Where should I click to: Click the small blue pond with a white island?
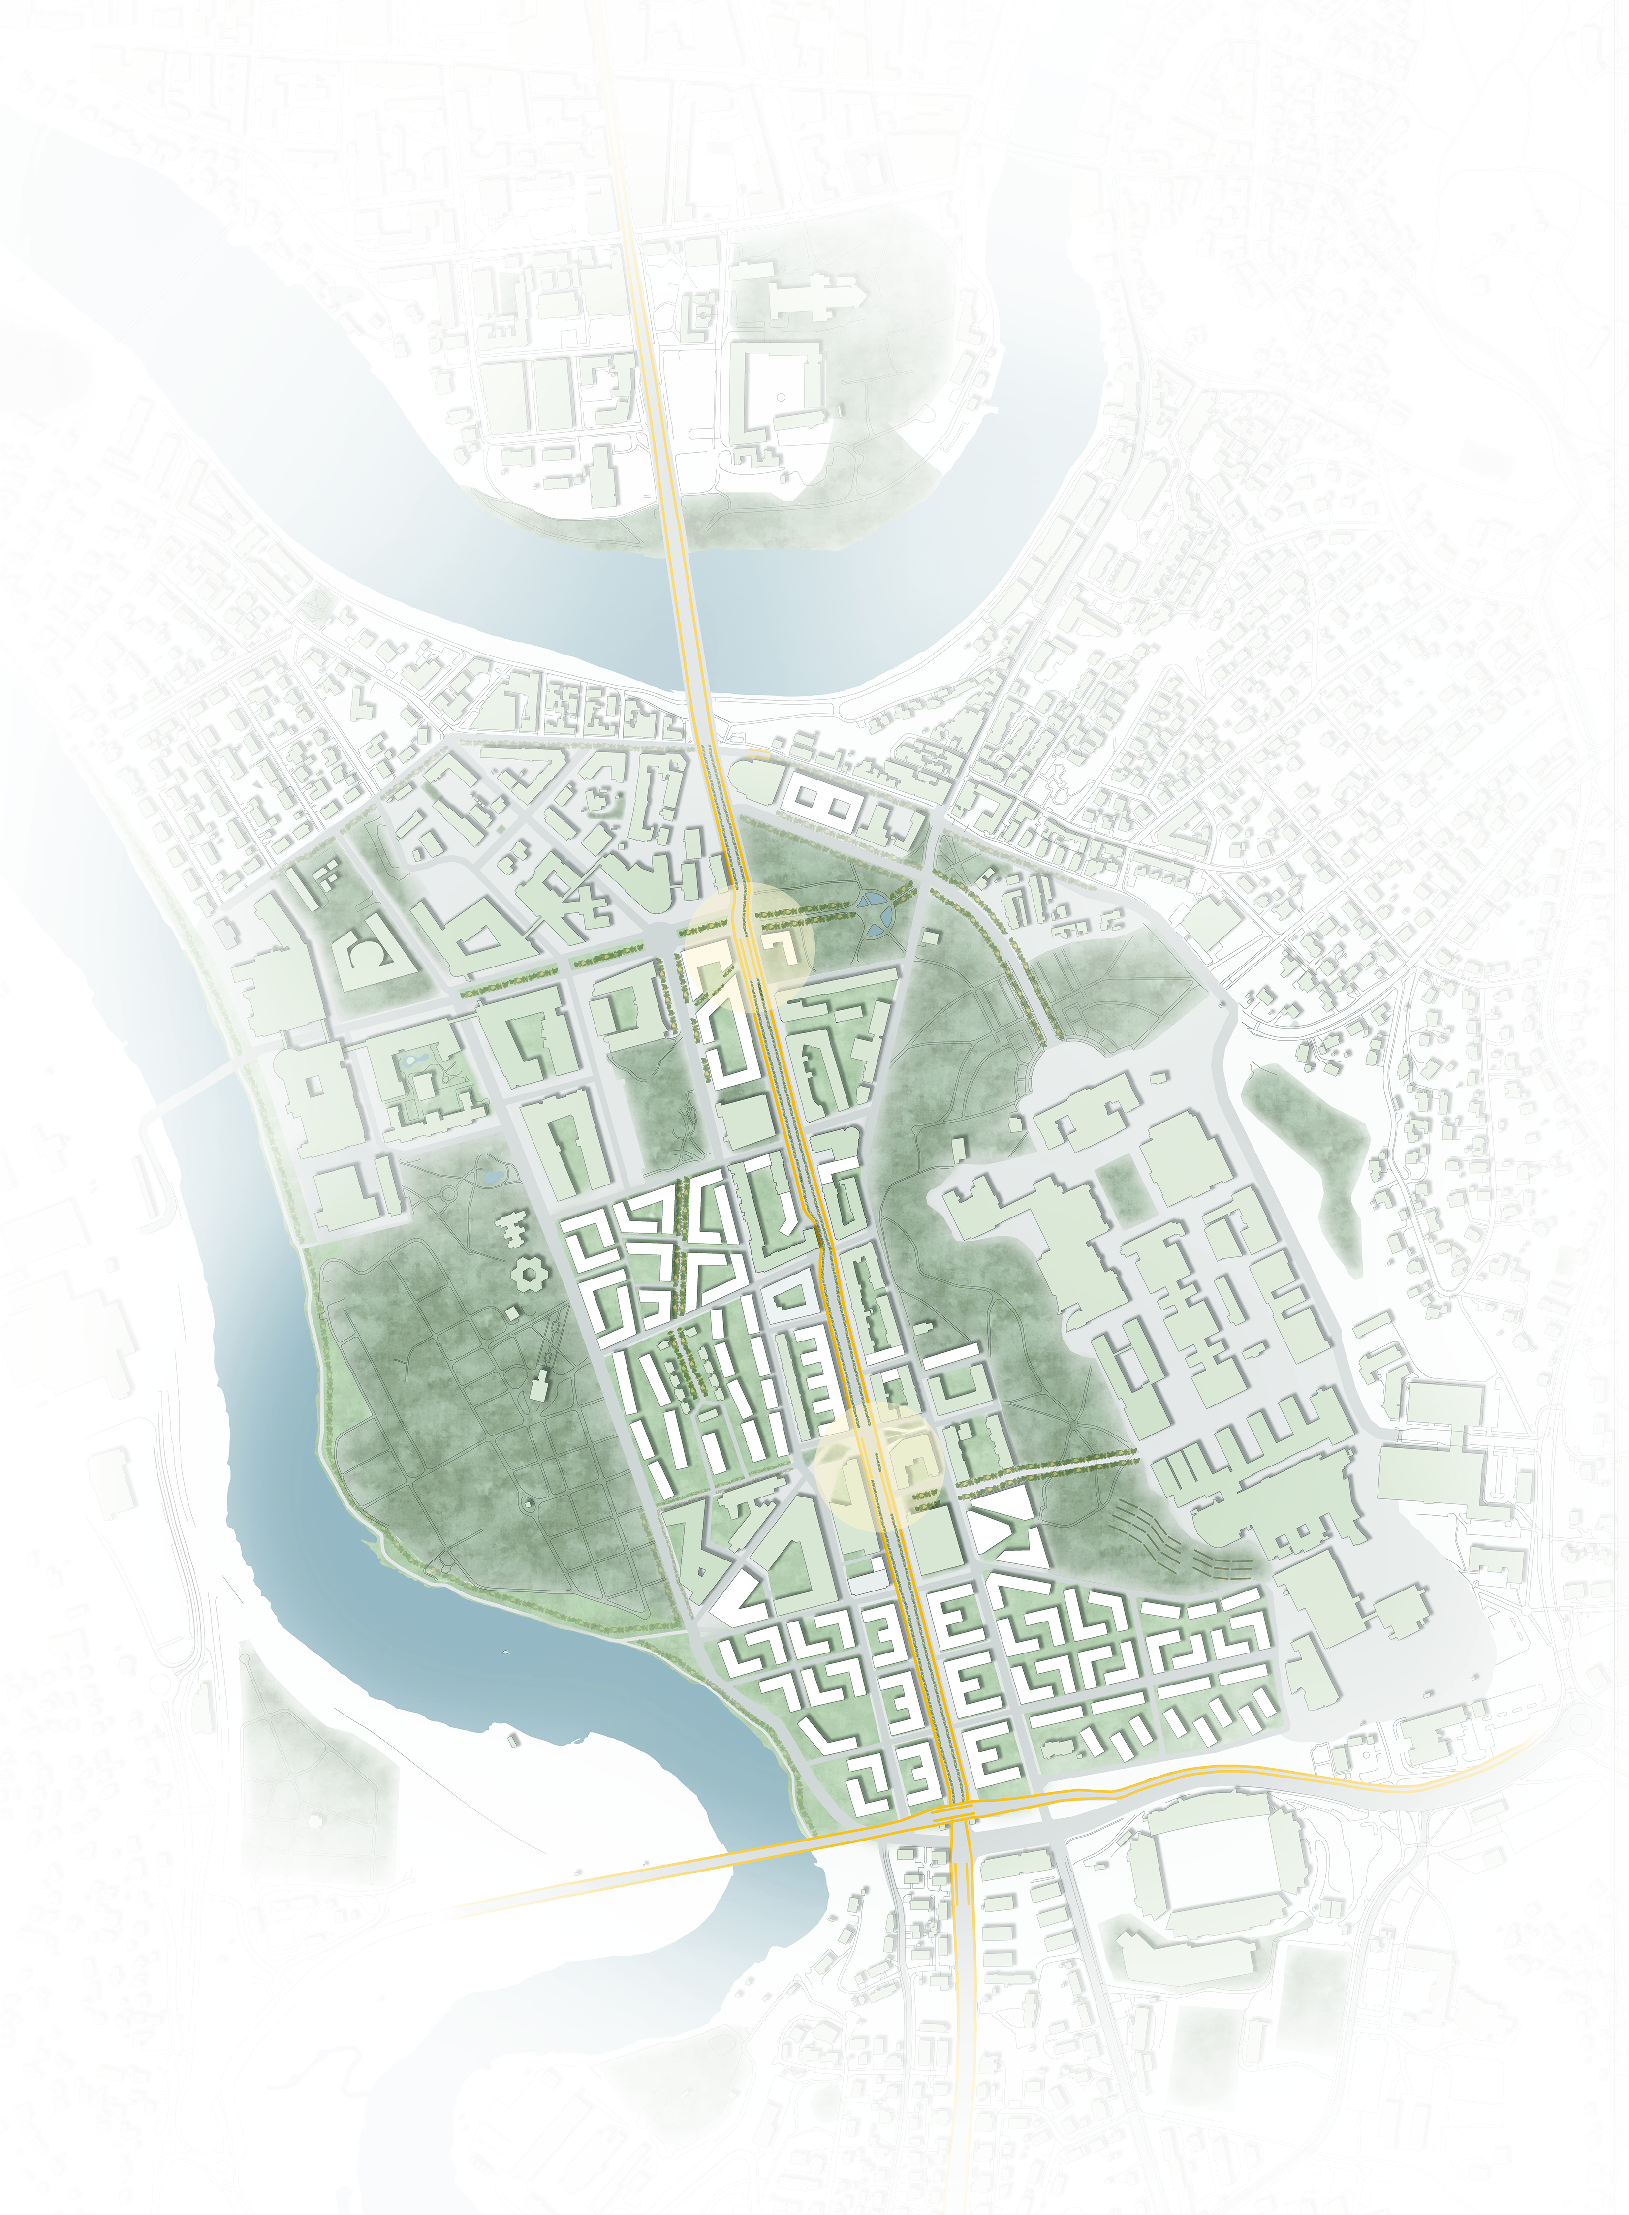tap(414, 1057)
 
